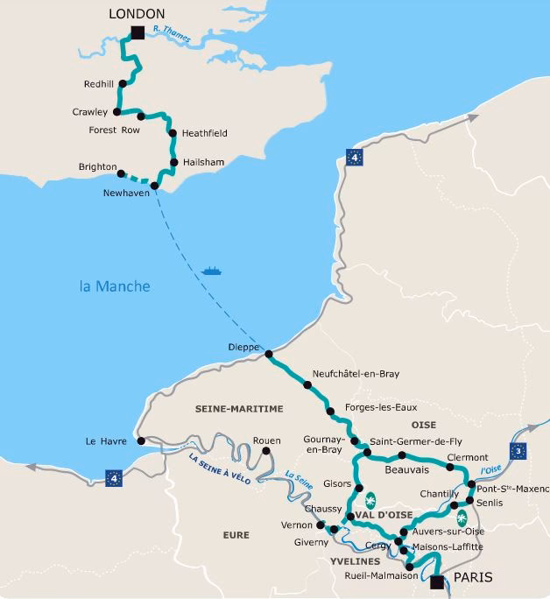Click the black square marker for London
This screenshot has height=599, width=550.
click(x=137, y=33)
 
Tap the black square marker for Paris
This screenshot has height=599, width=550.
click(x=438, y=581)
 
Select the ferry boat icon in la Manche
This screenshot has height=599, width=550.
click(x=211, y=271)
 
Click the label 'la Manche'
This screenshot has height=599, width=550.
click(x=115, y=286)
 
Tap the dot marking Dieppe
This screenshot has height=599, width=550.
click(x=269, y=355)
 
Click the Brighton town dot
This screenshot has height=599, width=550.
click(x=122, y=173)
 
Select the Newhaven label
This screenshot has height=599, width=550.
click(x=127, y=193)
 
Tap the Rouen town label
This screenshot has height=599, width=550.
click(x=266, y=440)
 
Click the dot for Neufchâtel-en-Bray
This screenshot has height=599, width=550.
click(x=307, y=384)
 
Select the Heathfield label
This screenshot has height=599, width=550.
click(x=204, y=133)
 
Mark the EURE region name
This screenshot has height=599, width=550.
click(x=236, y=534)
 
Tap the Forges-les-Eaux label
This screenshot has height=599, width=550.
click(x=382, y=407)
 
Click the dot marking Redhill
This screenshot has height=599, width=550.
click(x=123, y=84)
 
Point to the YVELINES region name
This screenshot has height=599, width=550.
click(x=356, y=560)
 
